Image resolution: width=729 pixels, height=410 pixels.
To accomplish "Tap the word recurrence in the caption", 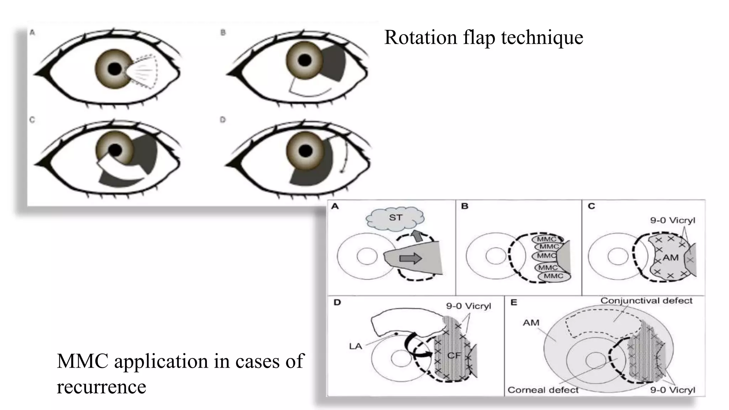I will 101,387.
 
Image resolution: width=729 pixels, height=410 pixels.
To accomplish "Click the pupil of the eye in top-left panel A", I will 115,69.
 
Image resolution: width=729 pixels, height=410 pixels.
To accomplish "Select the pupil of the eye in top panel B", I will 305,60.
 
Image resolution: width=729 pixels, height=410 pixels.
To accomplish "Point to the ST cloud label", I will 395,217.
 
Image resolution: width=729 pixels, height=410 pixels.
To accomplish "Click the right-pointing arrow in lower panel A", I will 410,258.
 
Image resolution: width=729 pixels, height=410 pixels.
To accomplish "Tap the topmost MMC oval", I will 546,239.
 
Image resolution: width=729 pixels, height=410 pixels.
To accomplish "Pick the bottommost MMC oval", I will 554,276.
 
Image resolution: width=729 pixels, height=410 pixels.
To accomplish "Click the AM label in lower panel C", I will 670,257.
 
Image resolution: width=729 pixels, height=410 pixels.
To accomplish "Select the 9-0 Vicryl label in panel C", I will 672,220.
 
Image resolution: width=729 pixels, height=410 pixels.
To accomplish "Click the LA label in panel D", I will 355,346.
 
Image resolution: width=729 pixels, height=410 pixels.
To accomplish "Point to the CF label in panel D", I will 454,355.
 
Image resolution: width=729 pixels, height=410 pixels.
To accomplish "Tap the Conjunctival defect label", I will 646,301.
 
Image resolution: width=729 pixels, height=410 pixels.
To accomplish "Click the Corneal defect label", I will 543,390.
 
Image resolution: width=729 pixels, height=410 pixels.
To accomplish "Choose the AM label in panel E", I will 531,323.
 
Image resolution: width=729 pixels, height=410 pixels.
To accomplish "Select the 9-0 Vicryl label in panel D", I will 468,306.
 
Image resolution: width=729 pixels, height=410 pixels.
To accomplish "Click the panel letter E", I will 514,303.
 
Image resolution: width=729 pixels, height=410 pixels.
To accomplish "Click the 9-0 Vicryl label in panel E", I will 672,390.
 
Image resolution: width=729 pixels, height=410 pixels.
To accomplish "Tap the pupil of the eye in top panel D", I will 305,151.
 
